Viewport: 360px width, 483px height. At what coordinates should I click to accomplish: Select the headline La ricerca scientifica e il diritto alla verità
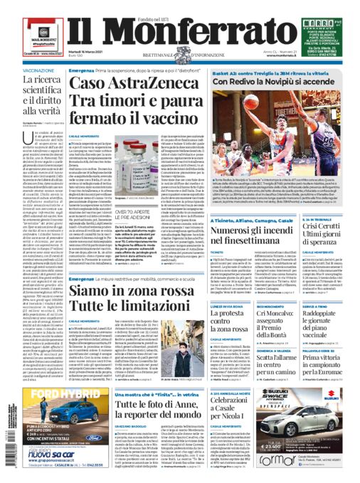coord(34,110)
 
